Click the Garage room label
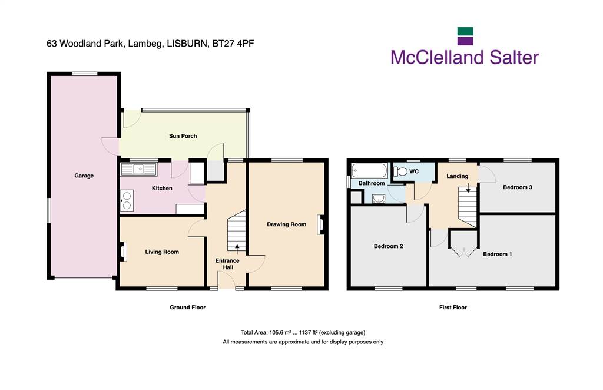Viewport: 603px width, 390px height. [84, 176]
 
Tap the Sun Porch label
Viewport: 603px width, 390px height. [183, 135]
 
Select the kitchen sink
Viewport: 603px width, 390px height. [139, 169]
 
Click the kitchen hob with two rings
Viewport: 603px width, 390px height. [127, 201]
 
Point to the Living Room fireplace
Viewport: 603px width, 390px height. [124, 252]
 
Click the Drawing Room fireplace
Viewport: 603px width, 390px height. [320, 224]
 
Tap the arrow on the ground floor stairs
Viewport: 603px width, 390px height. [237, 249]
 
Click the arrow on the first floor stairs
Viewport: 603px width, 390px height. [468, 188]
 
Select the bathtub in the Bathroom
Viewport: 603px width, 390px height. [369, 170]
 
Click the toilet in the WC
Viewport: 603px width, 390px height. [400, 171]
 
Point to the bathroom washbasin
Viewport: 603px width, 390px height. [379, 199]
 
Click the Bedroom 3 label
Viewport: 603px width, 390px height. [518, 187]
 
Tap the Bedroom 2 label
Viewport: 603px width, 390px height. [389, 246]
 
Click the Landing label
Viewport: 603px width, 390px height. [457, 176]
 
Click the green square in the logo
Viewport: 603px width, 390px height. [465, 31]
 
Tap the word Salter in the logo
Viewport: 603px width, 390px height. [514, 57]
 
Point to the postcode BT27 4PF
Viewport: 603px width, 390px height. [233, 44]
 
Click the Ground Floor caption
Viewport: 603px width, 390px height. [188, 308]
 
